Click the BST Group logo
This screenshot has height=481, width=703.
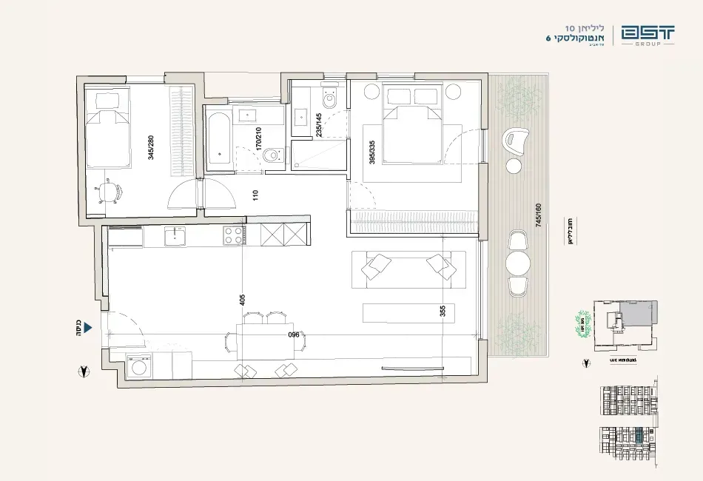click(x=647, y=35)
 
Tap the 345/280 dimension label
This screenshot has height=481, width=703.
click(x=151, y=147)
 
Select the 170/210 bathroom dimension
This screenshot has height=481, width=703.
click(x=258, y=138)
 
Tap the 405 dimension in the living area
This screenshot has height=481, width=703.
click(x=242, y=299)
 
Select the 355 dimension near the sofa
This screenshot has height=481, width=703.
click(x=443, y=311)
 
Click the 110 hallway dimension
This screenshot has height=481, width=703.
click(x=255, y=196)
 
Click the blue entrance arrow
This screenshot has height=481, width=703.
click(x=87, y=326)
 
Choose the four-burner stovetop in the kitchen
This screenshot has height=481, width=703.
click(x=233, y=236)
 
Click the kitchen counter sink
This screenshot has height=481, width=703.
click(x=175, y=237)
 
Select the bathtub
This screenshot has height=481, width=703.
click(x=218, y=138)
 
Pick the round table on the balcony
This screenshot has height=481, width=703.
click(x=517, y=263)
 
